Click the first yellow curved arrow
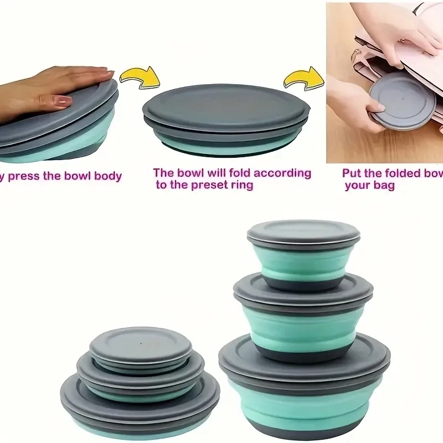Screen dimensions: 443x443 pos(140,77)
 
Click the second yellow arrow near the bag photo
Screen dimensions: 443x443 pos(303,79)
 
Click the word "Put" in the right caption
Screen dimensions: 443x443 pos(354,173)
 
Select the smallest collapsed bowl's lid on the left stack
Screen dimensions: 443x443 pos(141,343)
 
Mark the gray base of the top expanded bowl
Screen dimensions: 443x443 pos(303,284)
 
